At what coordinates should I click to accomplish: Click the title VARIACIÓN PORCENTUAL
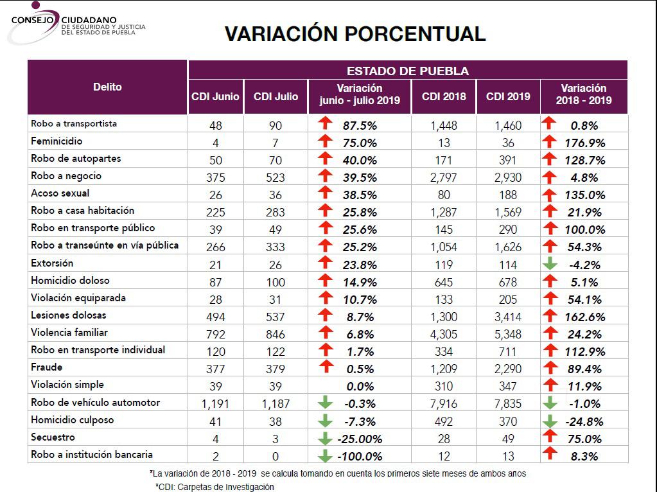point(355,34)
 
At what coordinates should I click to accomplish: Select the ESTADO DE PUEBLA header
point(407,71)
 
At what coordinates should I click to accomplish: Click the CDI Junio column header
point(215,97)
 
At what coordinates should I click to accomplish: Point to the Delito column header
point(107,87)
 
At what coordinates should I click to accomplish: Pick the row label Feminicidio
point(57,141)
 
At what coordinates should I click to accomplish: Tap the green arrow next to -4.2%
point(549,264)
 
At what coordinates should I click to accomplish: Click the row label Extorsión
point(52,263)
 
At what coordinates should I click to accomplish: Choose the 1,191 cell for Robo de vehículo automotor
point(215,403)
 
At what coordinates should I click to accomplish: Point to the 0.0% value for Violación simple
point(359,386)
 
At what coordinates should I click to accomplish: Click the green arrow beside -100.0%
point(326,456)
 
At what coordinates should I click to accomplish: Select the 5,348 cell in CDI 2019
point(508,334)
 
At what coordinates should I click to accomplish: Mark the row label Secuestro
point(53,437)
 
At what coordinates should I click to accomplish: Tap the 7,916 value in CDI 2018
point(444,403)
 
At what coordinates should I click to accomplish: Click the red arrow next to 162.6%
point(549,315)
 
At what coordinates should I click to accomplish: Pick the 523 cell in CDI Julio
point(276,177)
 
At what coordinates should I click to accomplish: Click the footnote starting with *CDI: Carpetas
point(215,486)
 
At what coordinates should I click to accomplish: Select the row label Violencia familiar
point(69,333)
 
